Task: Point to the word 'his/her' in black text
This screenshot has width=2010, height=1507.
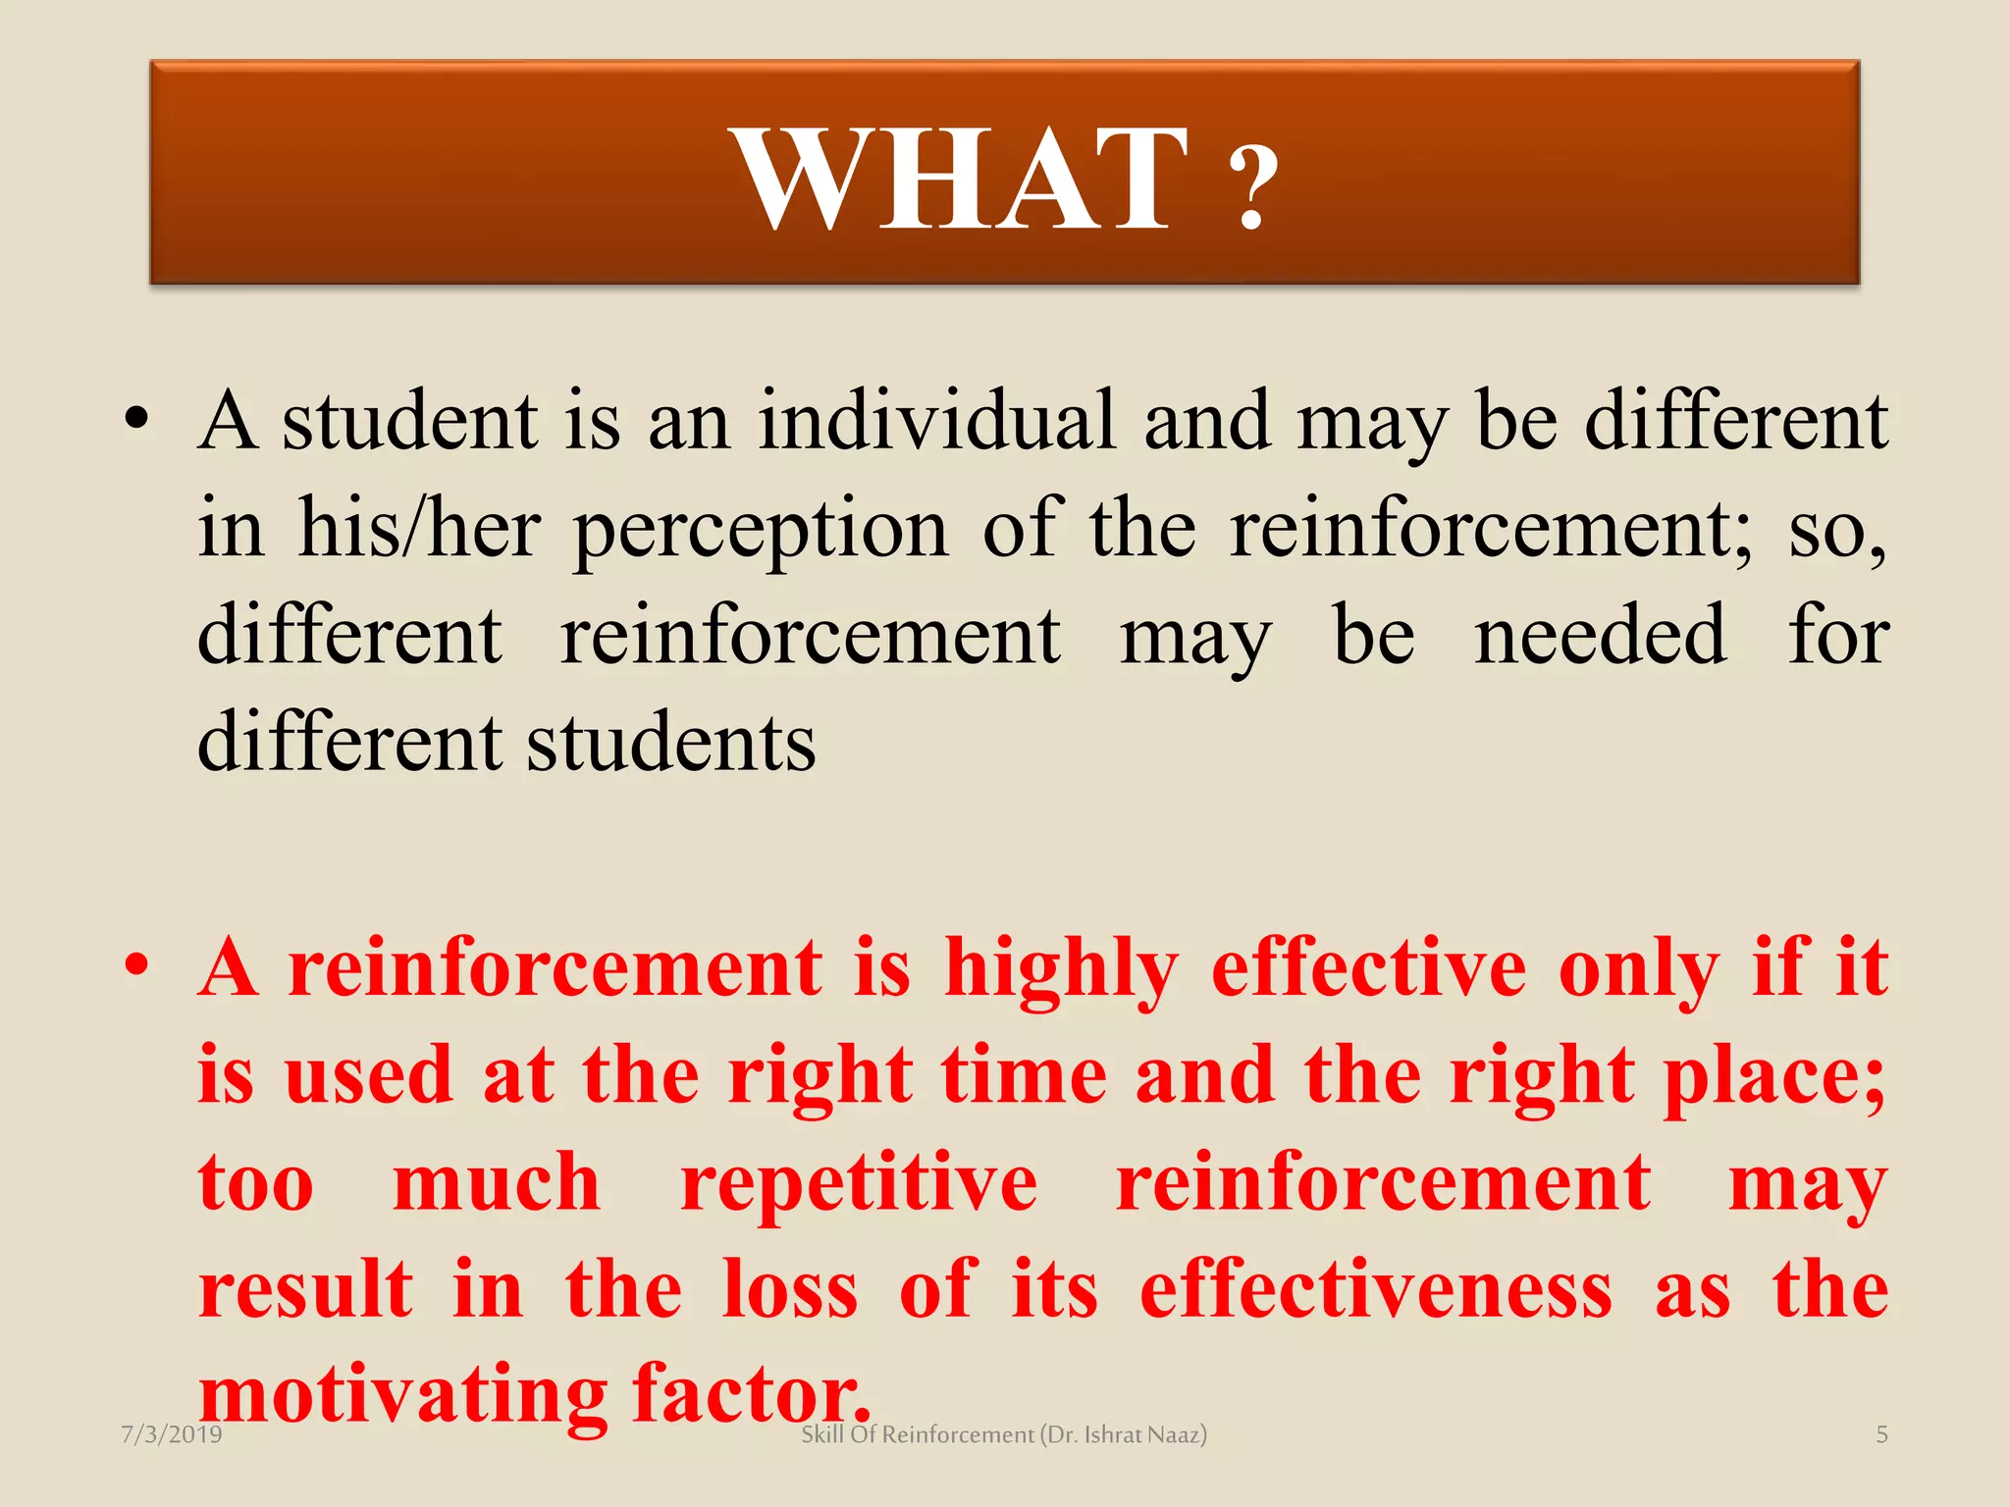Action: click(x=419, y=528)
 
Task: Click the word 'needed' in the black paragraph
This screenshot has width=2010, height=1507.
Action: click(x=1600, y=635)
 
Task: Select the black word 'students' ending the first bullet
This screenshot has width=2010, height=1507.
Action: click(x=671, y=742)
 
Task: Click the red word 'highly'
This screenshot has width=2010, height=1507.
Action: click(x=1061, y=969)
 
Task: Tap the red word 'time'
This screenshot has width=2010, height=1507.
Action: click(x=1024, y=1075)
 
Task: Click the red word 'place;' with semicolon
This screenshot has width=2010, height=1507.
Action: click(x=1774, y=1077)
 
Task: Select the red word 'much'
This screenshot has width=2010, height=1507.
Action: click(x=497, y=1182)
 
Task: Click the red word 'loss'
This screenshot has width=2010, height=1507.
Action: click(x=791, y=1289)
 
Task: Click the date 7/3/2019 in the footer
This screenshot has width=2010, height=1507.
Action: click(x=172, y=1434)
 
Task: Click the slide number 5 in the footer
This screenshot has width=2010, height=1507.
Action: click(x=1881, y=1434)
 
